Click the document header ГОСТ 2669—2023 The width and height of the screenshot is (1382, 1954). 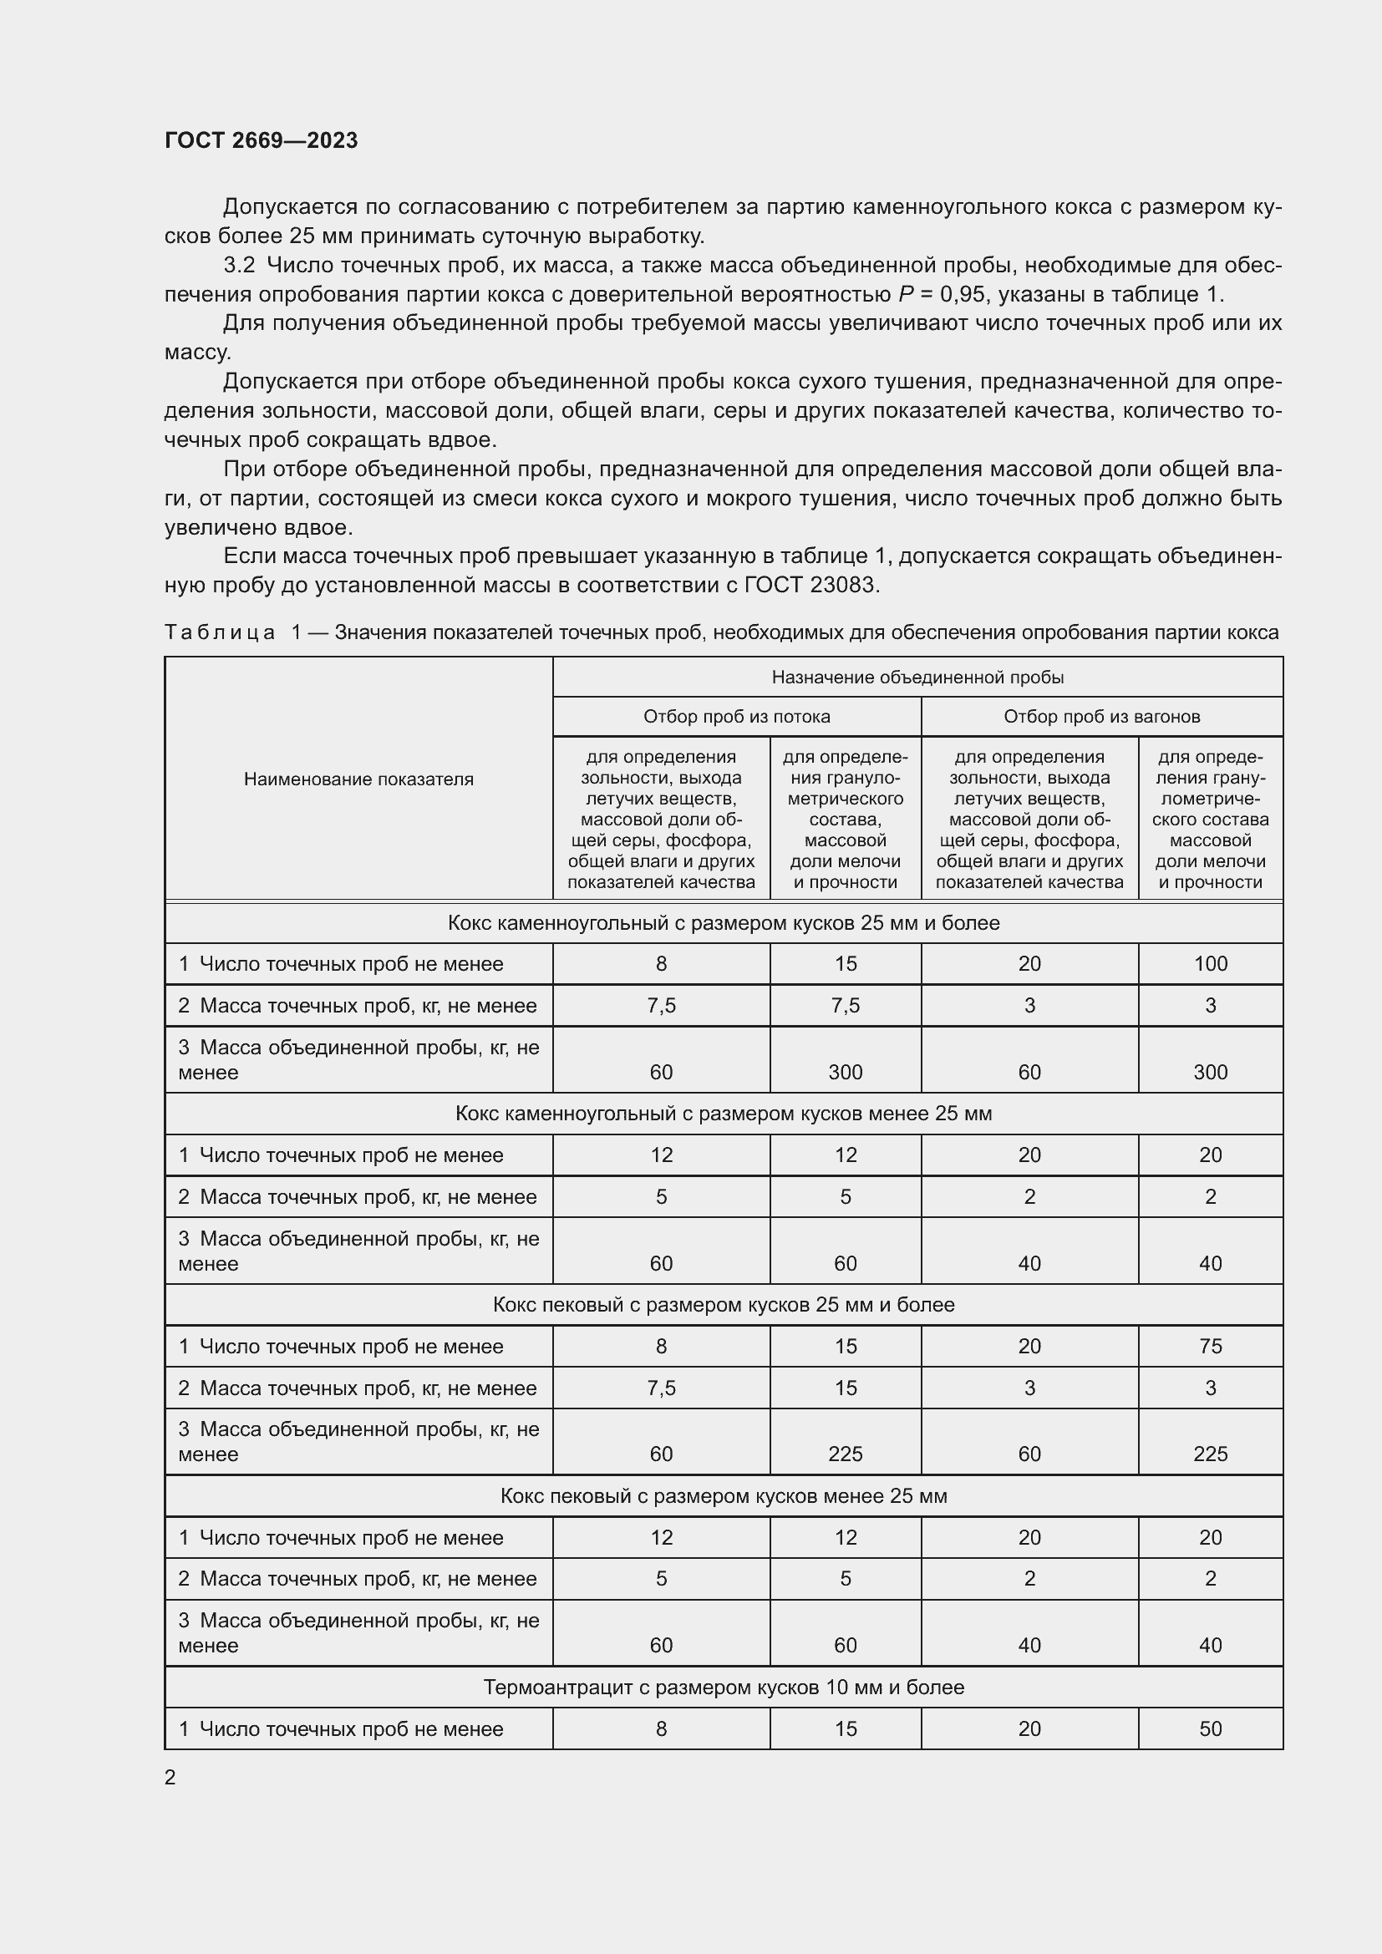262,140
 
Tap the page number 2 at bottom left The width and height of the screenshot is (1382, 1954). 170,1777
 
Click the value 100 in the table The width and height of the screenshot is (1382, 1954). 1210,963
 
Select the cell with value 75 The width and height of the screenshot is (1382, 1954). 1210,1346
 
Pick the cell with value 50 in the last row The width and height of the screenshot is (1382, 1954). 1210,1728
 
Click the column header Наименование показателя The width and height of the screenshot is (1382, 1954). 358,779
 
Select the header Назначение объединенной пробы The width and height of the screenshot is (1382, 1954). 917,677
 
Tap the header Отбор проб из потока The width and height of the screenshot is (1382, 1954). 736,717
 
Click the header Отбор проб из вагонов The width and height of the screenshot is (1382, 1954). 1101,717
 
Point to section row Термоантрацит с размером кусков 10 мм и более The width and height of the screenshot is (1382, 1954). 724,1687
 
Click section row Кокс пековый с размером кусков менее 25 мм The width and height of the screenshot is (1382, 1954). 724,1495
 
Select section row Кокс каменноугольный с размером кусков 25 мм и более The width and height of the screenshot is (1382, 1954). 724,922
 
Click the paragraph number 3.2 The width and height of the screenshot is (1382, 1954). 239,266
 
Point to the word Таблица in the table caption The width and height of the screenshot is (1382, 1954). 220,632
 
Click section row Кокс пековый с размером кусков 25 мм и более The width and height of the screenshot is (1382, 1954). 724,1305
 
